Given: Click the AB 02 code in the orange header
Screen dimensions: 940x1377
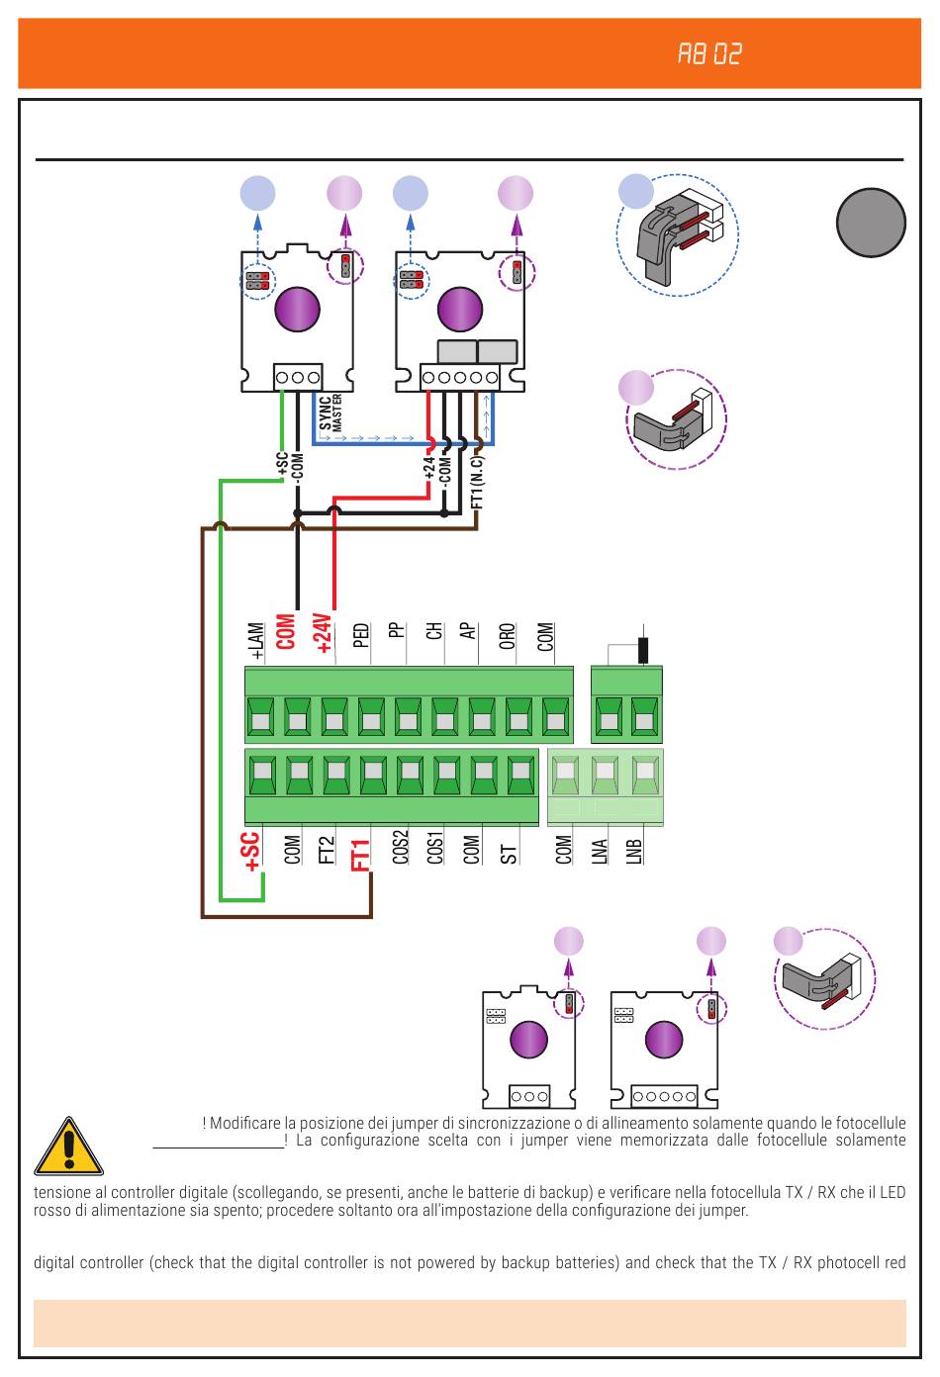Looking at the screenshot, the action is (x=709, y=54).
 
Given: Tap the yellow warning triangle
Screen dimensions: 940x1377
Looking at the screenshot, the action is (x=68, y=1146).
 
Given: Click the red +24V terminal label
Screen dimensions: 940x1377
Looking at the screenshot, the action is (x=323, y=633).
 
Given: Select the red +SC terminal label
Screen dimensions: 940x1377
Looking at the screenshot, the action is (x=250, y=852).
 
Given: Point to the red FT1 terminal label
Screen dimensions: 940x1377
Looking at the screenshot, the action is (x=360, y=855).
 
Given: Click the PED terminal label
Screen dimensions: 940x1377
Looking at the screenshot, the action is (x=361, y=635).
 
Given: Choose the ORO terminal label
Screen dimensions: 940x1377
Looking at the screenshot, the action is (x=507, y=636).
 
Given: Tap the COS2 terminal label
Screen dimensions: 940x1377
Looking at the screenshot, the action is (x=400, y=847).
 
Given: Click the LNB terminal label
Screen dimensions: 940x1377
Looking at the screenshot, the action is (x=634, y=851).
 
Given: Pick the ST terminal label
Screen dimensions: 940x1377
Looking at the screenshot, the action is (x=509, y=854).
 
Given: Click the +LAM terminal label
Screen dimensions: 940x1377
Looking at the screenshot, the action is (x=255, y=641).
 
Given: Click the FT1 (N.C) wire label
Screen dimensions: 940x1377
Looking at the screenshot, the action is (x=477, y=482).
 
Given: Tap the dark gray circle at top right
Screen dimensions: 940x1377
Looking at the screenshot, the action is (x=871, y=222).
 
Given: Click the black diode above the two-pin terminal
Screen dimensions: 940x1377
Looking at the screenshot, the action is (x=643, y=650).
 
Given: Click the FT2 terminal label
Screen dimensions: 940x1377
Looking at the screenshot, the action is (x=327, y=850).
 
